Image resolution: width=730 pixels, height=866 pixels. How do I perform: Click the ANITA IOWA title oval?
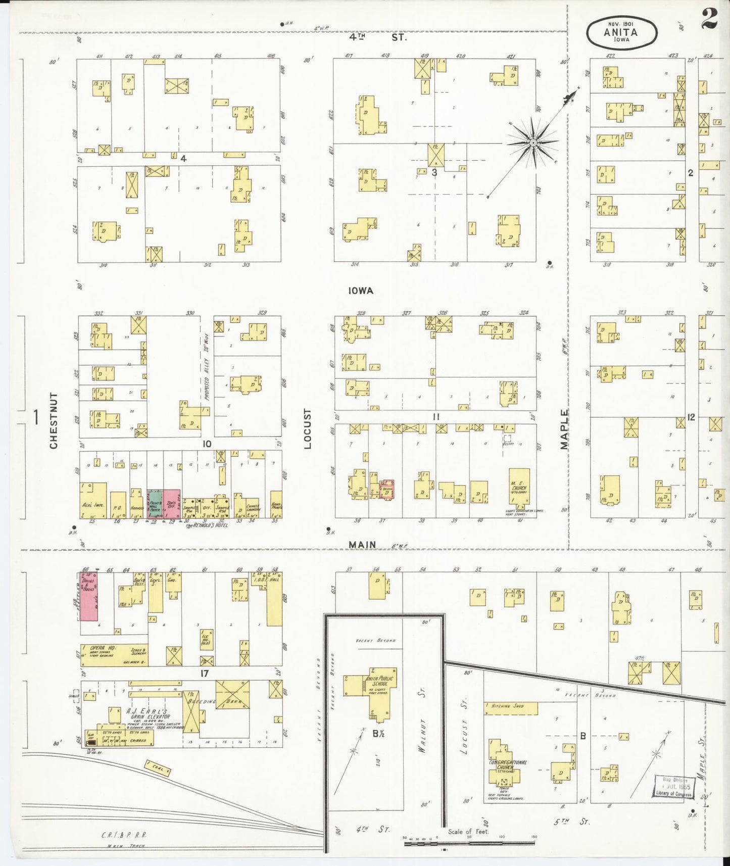(622, 33)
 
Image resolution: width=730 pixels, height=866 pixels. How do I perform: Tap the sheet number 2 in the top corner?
(709, 20)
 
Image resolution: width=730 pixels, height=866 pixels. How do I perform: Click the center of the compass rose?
(533, 143)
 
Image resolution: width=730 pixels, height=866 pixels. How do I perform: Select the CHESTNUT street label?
(54, 420)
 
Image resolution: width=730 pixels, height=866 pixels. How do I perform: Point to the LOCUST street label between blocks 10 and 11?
(308, 428)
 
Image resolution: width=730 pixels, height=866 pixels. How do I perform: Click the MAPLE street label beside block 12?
(564, 429)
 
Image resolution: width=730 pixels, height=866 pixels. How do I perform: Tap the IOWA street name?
(361, 291)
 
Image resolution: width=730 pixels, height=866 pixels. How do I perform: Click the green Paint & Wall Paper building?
(155, 504)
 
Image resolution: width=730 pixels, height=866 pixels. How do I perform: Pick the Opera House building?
(114, 655)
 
